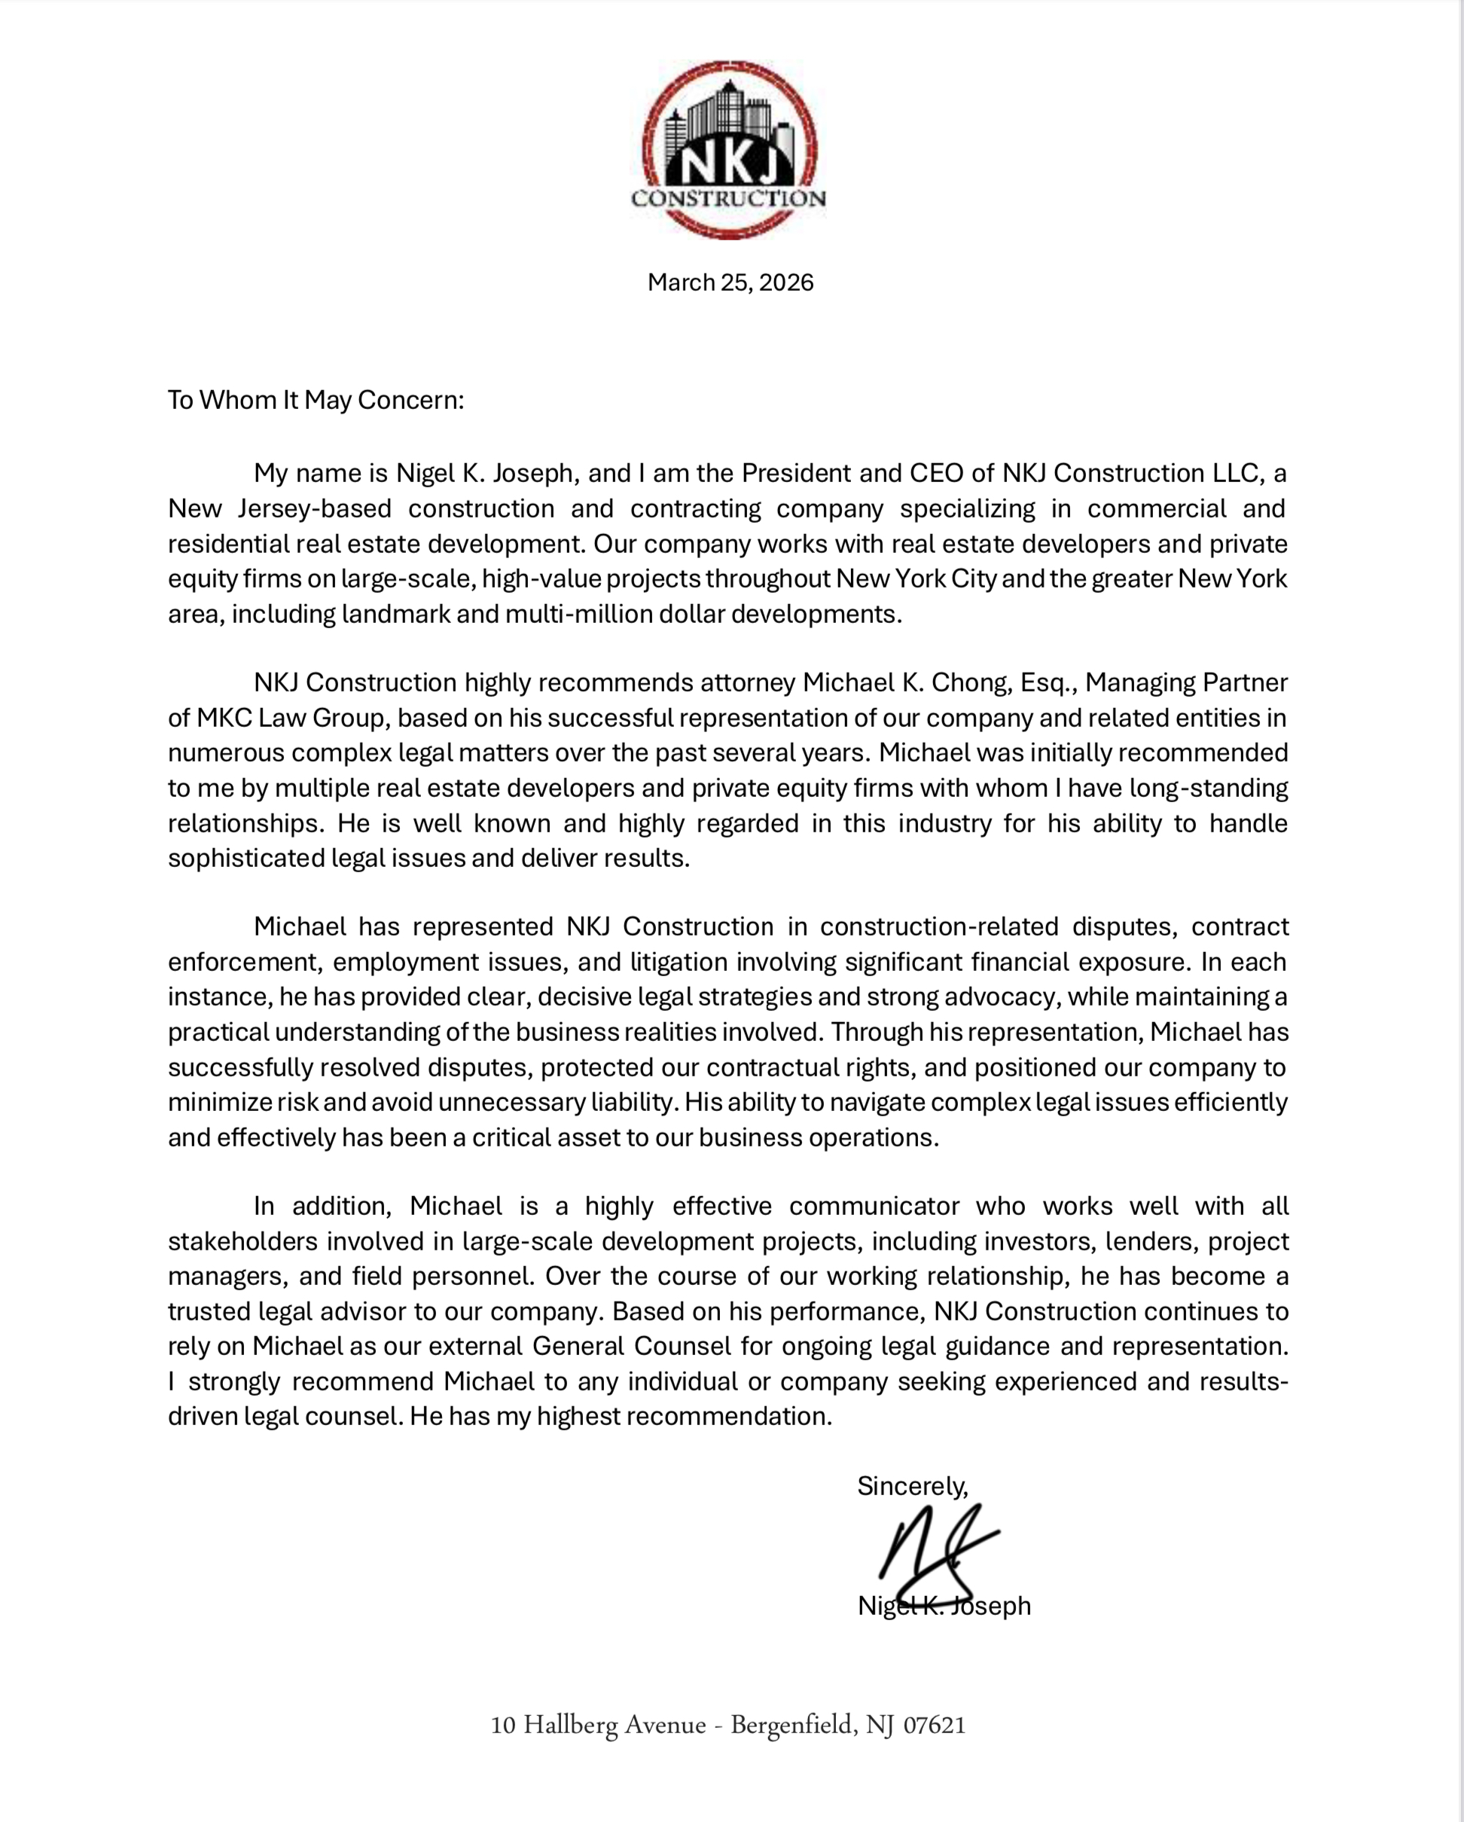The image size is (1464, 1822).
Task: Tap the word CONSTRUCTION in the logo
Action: [728, 200]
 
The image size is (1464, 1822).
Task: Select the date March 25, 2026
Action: [730, 282]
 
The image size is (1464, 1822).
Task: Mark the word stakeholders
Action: [242, 1241]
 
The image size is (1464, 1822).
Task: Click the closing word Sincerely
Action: [911, 1485]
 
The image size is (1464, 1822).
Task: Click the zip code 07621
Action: [935, 1725]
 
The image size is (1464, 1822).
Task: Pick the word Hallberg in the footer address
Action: [570, 1726]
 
